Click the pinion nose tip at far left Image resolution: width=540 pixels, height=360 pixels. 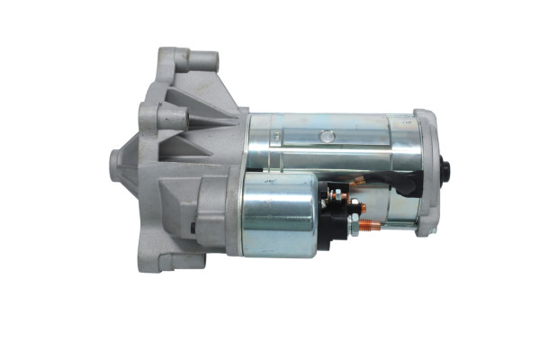[x=116, y=163]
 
